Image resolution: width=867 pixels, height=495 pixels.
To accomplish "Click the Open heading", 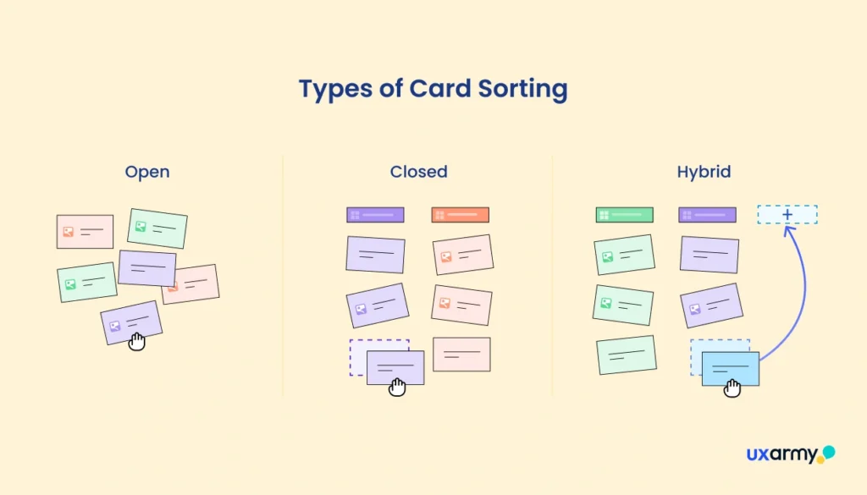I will (x=147, y=172).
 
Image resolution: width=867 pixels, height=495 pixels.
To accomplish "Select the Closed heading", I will (x=418, y=172).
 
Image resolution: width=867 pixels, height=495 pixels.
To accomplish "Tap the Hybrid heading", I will (x=704, y=172).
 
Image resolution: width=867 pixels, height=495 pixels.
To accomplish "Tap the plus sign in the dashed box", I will (x=787, y=215).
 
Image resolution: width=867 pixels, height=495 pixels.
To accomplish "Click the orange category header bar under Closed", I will (x=460, y=215).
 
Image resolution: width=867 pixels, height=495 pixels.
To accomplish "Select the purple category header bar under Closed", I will (x=375, y=215).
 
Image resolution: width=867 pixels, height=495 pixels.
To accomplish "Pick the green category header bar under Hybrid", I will (x=624, y=215).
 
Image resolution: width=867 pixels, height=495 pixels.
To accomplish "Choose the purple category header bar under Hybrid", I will (x=707, y=215).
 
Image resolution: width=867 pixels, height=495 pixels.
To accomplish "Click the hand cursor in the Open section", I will (x=136, y=341).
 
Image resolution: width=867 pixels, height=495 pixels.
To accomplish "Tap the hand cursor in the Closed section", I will (x=397, y=387).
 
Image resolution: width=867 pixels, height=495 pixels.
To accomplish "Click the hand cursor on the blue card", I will (x=732, y=388).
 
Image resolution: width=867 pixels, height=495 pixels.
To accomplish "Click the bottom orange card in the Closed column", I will (x=461, y=354).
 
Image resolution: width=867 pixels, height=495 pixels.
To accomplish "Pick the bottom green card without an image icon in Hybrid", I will (x=627, y=355).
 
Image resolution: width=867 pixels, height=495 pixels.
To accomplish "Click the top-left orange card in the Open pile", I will (x=85, y=231).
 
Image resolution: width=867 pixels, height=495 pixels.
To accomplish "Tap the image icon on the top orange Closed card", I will (x=445, y=257).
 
